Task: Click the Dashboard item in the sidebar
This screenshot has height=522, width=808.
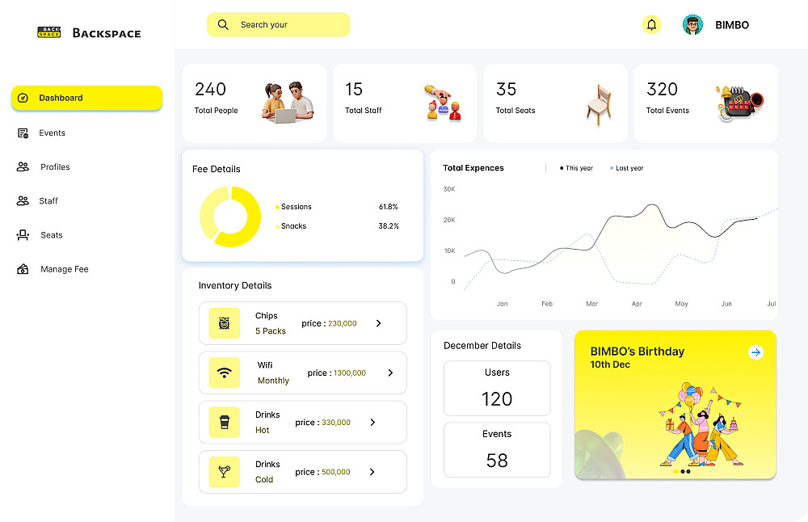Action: coord(86,98)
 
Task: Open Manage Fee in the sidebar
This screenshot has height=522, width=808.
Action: coord(64,269)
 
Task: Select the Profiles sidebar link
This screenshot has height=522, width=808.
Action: coord(55,167)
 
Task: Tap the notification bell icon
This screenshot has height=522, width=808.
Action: coord(651,25)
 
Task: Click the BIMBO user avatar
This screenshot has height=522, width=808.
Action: coord(692,25)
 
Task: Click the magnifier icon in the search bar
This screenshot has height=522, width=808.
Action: coord(223,25)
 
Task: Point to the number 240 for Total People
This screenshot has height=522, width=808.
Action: coord(210,89)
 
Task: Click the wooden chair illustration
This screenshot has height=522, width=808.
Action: coord(598,104)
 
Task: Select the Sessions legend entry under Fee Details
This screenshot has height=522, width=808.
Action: coord(295,207)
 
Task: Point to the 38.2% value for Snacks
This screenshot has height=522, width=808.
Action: coord(389,226)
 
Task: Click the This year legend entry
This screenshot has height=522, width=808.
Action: coord(577,168)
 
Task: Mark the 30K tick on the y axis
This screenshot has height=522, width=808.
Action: coord(449,189)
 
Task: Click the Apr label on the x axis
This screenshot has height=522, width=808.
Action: coord(637,304)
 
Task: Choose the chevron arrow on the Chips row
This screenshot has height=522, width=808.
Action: coord(378,323)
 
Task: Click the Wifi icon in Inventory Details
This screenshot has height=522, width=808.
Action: coord(225,373)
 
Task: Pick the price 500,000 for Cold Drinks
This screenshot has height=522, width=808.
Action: coord(336,472)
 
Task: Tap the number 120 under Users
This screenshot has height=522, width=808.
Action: coord(497,399)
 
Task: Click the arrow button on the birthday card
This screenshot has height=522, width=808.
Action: coord(755,352)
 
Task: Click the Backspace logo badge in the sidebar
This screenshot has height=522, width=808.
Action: coord(49,32)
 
